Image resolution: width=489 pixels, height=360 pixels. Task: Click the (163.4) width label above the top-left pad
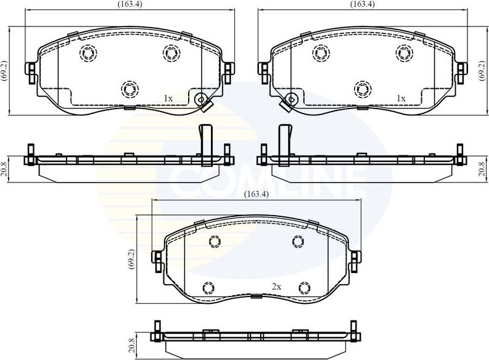pos(129,4)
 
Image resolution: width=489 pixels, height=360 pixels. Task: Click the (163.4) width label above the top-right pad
pos(361,4)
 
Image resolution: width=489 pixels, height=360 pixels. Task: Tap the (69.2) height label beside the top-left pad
pos(4,71)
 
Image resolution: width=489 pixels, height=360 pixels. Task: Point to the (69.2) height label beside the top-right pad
pos(481,71)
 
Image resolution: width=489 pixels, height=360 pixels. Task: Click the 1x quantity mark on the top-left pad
pos(167,98)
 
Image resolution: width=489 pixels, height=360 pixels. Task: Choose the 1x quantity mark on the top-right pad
pos(401,98)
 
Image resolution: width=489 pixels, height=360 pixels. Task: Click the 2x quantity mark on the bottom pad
pos(277,287)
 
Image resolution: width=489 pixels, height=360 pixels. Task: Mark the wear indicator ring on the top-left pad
pos(200,99)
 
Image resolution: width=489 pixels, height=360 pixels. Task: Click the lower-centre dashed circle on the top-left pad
pos(129,89)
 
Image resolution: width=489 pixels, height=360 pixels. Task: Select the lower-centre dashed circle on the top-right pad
pos(362,89)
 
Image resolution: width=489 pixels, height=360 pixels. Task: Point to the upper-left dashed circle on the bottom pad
pos(214,242)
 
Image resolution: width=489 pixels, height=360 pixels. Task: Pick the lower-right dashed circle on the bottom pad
pos(303,287)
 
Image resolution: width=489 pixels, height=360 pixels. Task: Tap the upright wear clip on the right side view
pos(285,141)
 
